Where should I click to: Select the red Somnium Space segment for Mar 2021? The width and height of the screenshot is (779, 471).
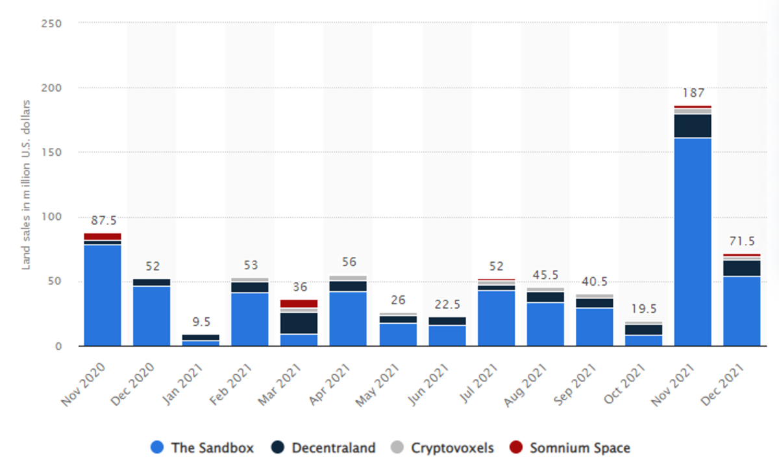(x=299, y=304)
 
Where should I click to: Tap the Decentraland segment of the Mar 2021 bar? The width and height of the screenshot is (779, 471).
(x=299, y=323)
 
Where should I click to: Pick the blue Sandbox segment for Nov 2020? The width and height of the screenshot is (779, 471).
(x=103, y=295)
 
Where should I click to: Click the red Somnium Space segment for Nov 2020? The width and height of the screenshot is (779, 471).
(x=103, y=237)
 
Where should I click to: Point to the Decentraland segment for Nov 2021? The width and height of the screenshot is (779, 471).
(x=693, y=126)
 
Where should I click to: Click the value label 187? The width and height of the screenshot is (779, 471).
(x=693, y=93)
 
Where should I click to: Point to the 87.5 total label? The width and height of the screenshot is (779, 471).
(x=103, y=220)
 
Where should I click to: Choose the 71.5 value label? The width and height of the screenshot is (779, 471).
(x=742, y=241)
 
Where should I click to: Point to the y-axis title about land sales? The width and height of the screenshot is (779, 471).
(x=27, y=184)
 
